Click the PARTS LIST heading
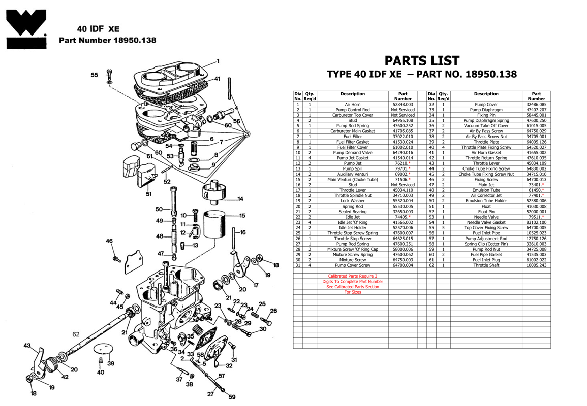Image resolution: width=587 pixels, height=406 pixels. pyautogui.click(x=421, y=61)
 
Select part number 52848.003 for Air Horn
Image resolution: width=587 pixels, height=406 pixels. pyautogui.click(x=403, y=104)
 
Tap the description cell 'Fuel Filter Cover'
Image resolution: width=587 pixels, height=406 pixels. pyautogui.click(x=352, y=147)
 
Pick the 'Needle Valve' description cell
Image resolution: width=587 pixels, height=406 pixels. pyautogui.click(x=486, y=217)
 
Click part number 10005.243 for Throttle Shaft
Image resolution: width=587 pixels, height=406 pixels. pyautogui.click(x=536, y=265)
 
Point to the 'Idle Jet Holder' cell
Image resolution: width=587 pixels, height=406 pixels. pyautogui.click(x=352, y=227)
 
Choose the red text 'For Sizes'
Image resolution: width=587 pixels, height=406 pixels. pyautogui.click(x=352, y=292)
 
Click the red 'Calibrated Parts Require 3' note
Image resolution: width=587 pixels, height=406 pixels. pyautogui.click(x=352, y=276)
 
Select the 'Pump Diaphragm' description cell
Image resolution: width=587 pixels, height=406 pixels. pyautogui.click(x=486, y=110)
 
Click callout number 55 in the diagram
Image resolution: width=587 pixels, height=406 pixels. pyautogui.click(x=95, y=75)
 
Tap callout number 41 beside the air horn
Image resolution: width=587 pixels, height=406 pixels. pyautogui.click(x=217, y=79)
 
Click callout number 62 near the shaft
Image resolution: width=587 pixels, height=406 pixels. pyautogui.click(x=76, y=334)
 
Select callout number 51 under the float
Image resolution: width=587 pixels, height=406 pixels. pyautogui.click(x=148, y=194)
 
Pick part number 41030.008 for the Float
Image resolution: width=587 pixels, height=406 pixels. pyautogui.click(x=536, y=206)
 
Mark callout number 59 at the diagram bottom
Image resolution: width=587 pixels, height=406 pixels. pyautogui.click(x=232, y=397)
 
